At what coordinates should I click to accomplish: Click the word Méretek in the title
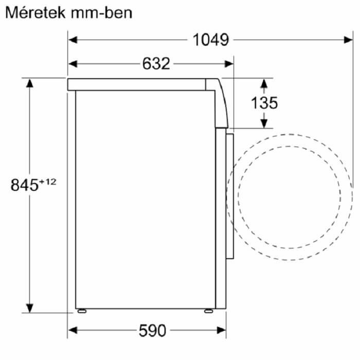(x=35, y=13)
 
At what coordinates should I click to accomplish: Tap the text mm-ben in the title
(x=101, y=13)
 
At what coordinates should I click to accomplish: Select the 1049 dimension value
(x=211, y=40)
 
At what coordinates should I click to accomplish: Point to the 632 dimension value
(x=156, y=64)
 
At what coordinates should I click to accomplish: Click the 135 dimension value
(x=264, y=103)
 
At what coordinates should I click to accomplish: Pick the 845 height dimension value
(x=24, y=185)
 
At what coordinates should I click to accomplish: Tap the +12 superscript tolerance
(x=47, y=182)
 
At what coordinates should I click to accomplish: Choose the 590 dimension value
(x=152, y=331)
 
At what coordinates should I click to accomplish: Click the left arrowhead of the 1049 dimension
(x=73, y=40)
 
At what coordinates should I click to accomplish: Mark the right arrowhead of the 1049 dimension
(x=348, y=40)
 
